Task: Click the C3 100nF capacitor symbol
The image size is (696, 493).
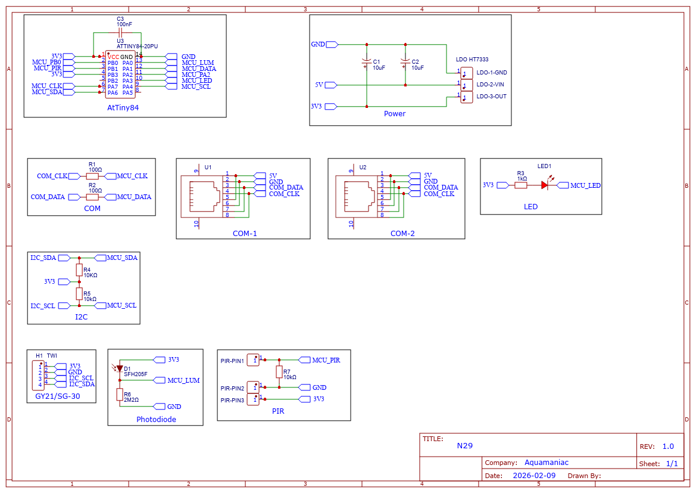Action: tap(120, 33)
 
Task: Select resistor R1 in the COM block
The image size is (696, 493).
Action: tap(92, 176)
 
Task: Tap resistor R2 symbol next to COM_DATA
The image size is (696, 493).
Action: tap(92, 197)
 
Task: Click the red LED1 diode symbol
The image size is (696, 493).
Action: tap(544, 185)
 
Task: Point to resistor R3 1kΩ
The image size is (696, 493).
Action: tap(521, 185)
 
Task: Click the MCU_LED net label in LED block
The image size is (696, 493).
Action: tap(585, 185)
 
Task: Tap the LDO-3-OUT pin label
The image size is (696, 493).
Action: tap(491, 97)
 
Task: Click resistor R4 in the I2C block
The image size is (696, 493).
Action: tap(79, 269)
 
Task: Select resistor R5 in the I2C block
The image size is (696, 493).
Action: tap(79, 293)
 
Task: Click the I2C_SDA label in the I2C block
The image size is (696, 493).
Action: tap(43, 258)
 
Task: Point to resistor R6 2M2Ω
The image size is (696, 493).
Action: tap(119, 395)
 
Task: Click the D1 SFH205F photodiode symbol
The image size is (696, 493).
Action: tap(119, 369)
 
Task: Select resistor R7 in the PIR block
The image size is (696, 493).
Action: tap(279, 372)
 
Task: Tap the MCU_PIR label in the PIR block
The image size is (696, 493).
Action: tap(326, 360)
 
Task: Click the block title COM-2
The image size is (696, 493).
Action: tap(402, 233)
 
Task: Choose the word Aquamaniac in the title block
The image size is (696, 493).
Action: tap(547, 463)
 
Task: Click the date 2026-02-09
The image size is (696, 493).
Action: tap(534, 476)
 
